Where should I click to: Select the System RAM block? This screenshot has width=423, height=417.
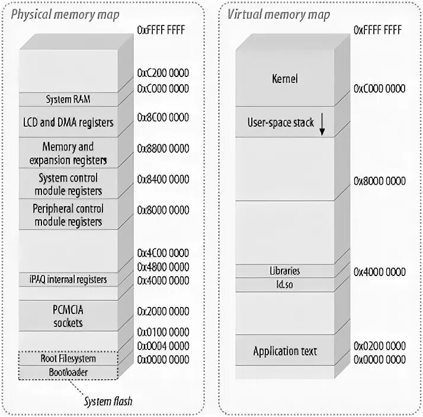pos(69,99)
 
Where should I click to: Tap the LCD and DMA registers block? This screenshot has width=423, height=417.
pos(69,123)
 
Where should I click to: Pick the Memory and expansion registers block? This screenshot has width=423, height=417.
pos(69,153)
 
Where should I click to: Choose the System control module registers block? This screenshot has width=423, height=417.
pos(69,184)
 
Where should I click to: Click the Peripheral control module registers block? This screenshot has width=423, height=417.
pos(69,215)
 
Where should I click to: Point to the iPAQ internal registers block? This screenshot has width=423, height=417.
pos(69,279)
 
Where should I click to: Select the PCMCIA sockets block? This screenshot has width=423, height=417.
pos(69,316)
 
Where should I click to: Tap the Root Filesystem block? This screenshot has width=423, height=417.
pos(69,358)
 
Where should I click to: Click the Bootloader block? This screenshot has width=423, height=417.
pos(69,372)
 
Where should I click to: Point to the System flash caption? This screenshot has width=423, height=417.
pos(107,402)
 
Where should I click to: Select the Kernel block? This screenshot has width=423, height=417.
pos(284,78)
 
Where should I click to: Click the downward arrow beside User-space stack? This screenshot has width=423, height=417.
pos(323,123)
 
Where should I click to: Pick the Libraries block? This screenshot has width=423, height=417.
pos(284,271)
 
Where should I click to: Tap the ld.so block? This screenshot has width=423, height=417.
pos(284,285)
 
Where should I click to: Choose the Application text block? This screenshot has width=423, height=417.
pos(284,351)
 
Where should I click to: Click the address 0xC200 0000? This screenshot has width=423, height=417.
pos(163,73)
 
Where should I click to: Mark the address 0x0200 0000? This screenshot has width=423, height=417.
pos(380,345)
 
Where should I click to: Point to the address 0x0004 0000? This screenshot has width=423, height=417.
pos(163,345)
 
